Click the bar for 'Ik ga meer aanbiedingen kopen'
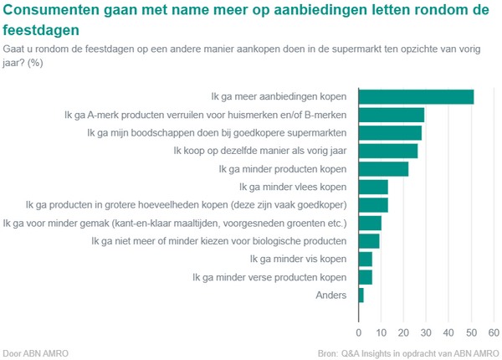click(x=416, y=96)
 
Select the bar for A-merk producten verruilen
click(x=392, y=115)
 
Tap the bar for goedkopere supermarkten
click(x=390, y=132)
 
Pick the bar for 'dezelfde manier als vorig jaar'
click(x=388, y=151)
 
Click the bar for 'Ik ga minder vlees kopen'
click(x=373, y=187)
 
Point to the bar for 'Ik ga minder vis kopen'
click(x=366, y=259)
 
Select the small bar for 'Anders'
click(x=361, y=295)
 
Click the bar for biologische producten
click(x=369, y=241)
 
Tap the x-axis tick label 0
click(x=359, y=318)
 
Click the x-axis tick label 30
click(x=426, y=318)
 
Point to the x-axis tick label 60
click(x=493, y=318)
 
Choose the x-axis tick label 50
click(x=470, y=318)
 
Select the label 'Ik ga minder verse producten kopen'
click(x=269, y=277)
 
